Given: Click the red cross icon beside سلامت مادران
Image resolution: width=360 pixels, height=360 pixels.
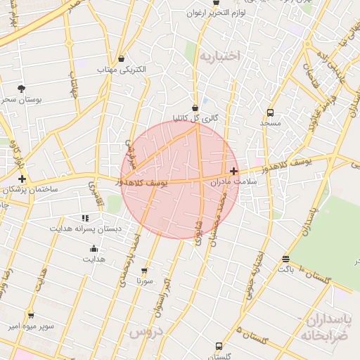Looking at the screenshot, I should click(x=233, y=171).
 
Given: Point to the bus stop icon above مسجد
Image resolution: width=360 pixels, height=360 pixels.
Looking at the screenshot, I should click(x=271, y=112).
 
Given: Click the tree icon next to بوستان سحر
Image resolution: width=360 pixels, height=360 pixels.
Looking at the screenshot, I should click(x=22, y=89).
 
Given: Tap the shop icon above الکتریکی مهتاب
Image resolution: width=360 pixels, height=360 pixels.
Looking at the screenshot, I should click(x=122, y=59).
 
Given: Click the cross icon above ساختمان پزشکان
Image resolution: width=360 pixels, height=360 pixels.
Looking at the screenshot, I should click(x=22, y=179).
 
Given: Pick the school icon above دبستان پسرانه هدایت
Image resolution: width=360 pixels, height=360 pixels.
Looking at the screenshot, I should click(x=85, y=219).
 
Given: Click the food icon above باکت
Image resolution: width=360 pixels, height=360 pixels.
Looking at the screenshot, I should click(x=285, y=259).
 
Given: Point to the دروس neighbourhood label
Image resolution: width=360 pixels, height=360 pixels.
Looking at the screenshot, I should click(x=146, y=330).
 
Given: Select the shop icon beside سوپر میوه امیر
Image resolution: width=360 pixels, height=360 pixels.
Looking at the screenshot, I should click(x=30, y=316).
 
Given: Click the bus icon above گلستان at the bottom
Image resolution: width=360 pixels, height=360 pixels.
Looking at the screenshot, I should click(x=219, y=347).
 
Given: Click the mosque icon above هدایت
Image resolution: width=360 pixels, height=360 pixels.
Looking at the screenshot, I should click(x=94, y=248).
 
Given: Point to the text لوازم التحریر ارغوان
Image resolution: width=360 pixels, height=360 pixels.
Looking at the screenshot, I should click(x=224, y=13).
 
